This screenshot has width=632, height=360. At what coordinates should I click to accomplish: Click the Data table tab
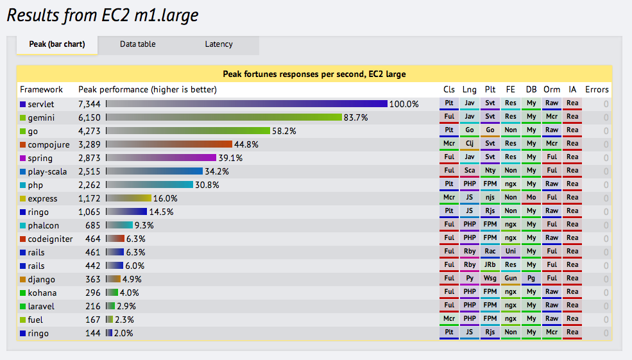coord(137,44)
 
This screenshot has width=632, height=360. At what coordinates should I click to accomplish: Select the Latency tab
coord(219,44)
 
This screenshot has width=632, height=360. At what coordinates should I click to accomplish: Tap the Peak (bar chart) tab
coord(57,44)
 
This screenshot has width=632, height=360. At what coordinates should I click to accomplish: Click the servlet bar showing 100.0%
coord(247,103)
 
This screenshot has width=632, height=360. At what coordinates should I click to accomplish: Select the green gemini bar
coord(225,117)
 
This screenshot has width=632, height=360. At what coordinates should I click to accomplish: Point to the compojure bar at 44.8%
coord(169,144)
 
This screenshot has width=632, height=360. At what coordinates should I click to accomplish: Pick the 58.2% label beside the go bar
coord(284,131)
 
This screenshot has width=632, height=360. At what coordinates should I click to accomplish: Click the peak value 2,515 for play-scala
coord(90,171)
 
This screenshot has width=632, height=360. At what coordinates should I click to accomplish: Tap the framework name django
coord(41,279)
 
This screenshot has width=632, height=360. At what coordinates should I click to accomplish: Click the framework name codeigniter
coord(50,239)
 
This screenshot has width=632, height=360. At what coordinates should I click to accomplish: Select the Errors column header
coord(597,90)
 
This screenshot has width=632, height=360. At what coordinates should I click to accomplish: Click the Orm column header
coord(551,90)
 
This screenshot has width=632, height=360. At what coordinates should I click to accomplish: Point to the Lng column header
coord(470,90)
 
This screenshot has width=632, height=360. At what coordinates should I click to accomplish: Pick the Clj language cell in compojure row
coord(470,144)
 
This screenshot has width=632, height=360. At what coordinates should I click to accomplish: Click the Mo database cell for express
coord(531,198)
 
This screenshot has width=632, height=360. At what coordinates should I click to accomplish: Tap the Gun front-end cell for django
coord(511,279)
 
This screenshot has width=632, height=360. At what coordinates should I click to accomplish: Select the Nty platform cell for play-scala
coord(490,171)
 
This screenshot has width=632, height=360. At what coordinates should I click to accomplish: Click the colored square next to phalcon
coord(22,225)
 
